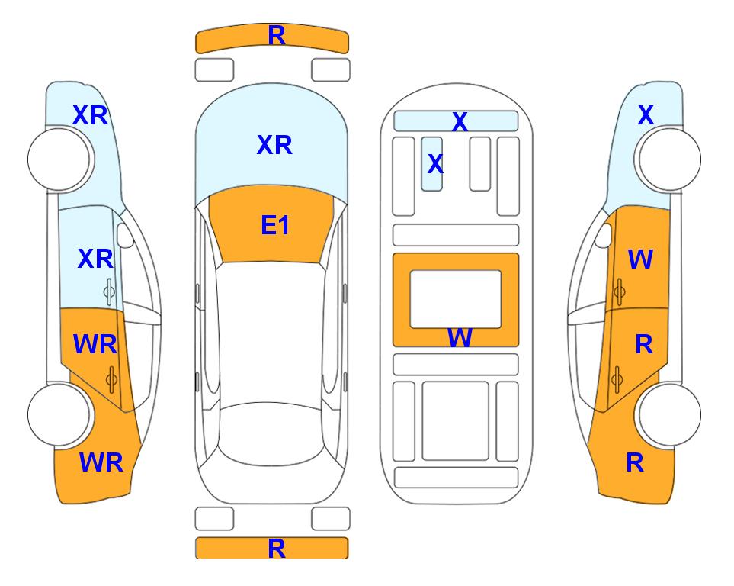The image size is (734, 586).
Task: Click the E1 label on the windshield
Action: click(x=275, y=225)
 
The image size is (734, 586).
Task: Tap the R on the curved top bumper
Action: click(x=277, y=36)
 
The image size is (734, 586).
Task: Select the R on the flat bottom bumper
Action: click(x=277, y=549)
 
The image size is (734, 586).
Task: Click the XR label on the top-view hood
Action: click(x=275, y=145)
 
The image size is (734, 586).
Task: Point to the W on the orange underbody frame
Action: click(x=460, y=337)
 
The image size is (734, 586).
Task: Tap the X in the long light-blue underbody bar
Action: click(x=460, y=122)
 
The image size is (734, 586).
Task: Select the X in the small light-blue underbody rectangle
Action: click(x=435, y=163)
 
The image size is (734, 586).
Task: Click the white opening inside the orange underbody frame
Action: click(x=456, y=299)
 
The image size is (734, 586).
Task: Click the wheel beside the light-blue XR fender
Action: click(x=59, y=159)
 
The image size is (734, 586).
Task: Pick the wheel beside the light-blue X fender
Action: click(x=670, y=159)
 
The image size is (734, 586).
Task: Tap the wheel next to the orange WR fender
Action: click(x=59, y=414)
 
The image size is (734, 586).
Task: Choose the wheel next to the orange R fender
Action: click(x=670, y=414)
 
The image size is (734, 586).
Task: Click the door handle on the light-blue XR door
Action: click(x=109, y=292)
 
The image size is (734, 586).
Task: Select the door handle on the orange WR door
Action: click(x=111, y=379)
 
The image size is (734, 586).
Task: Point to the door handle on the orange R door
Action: click(x=617, y=379)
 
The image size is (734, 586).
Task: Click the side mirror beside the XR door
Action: click(x=125, y=235)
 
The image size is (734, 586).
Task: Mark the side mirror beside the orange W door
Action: click(x=604, y=235)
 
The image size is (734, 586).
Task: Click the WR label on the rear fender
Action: click(x=101, y=462)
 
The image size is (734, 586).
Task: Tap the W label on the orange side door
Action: click(x=640, y=259)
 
